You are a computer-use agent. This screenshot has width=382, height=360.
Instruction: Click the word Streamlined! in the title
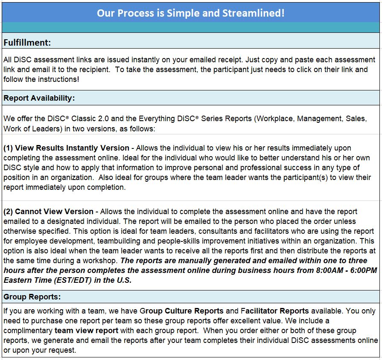(x=254, y=13)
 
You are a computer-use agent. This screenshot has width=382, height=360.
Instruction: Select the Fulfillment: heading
(x=27, y=43)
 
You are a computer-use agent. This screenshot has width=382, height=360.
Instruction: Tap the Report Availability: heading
(x=39, y=98)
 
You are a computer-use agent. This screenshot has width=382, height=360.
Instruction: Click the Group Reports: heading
(x=32, y=297)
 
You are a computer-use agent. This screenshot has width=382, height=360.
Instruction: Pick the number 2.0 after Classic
(x=103, y=119)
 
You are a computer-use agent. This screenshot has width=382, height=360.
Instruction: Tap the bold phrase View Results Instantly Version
(x=72, y=148)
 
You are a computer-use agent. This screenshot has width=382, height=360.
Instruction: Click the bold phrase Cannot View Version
(x=54, y=212)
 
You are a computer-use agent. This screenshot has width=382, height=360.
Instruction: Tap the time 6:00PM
(x=364, y=270)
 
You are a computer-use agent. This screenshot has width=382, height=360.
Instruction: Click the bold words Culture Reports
(x=194, y=311)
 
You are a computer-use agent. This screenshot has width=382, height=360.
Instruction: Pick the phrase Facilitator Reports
(x=275, y=311)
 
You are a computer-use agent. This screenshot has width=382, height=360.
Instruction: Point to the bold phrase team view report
(x=86, y=331)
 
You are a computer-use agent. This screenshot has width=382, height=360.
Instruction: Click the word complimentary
(x=28, y=331)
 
